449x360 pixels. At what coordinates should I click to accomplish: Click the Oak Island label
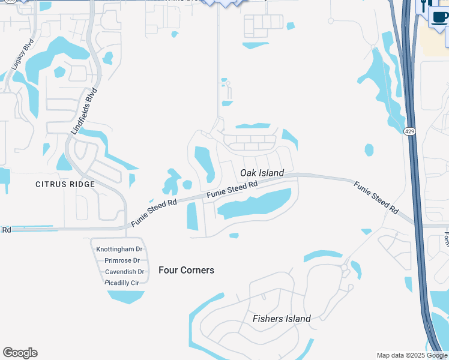pyautogui.click(x=262, y=173)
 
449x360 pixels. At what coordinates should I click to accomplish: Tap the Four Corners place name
pyautogui.click(x=186, y=270)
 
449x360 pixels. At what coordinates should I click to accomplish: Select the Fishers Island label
pyautogui.click(x=282, y=319)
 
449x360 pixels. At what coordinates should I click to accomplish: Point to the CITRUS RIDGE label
pyautogui.click(x=65, y=184)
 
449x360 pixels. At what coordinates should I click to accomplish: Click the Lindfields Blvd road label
pyautogui.click(x=84, y=111)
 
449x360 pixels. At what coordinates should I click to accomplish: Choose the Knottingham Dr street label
pyautogui.click(x=119, y=249)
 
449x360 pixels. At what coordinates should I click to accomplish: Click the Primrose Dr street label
pyautogui.click(x=122, y=260)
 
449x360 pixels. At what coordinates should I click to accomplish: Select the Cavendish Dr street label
pyautogui.click(x=122, y=271)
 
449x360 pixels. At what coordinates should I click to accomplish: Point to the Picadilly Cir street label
pyautogui.click(x=122, y=282)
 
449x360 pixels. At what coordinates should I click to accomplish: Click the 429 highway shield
pyautogui.click(x=409, y=131)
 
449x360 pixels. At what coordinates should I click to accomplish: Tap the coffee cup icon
pyautogui.click(x=440, y=17)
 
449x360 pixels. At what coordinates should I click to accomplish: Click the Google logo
pyautogui.click(x=20, y=353)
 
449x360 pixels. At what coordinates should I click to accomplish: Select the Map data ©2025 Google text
pyautogui.click(x=412, y=355)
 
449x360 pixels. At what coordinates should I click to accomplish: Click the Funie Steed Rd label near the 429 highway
pyautogui.click(x=376, y=197)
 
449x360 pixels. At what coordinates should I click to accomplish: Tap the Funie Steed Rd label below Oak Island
pyautogui.click(x=232, y=190)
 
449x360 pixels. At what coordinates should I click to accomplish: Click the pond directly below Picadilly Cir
pyautogui.click(x=126, y=296)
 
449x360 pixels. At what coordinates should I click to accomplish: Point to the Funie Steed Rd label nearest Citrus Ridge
pyautogui.click(x=154, y=212)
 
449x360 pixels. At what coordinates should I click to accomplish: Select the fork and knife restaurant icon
pyautogui.click(x=424, y=5)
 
